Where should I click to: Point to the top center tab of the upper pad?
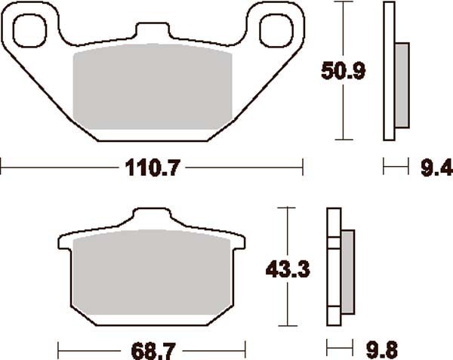[151, 31]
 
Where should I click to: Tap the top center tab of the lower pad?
[151, 217]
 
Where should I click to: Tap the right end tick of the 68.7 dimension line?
[246, 349]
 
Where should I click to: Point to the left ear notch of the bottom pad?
[63, 242]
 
